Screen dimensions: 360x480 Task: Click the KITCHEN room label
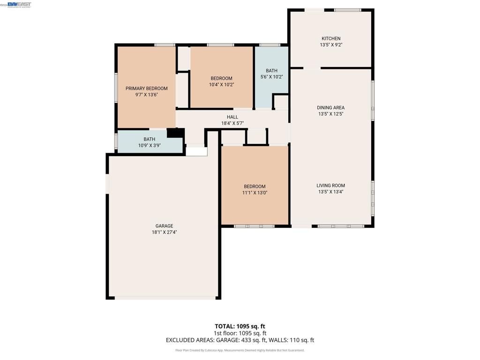tap(330, 38)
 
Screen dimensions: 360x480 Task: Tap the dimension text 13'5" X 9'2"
tap(330, 45)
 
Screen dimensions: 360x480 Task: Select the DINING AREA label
tap(330, 107)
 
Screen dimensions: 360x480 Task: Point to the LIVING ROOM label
tap(330, 186)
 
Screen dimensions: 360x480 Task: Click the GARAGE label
tap(164, 226)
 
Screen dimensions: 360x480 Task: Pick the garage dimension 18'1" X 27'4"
tap(164, 232)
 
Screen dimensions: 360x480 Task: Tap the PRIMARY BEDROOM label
tap(146, 88)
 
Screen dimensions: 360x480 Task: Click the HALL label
tap(232, 117)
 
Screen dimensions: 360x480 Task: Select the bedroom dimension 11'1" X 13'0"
tap(255, 193)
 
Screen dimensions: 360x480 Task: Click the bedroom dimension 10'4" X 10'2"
tap(221, 85)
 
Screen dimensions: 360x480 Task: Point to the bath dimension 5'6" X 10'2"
tap(271, 77)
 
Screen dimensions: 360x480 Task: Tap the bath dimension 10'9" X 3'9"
tap(149, 145)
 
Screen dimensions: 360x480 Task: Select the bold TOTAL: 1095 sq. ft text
tap(240, 326)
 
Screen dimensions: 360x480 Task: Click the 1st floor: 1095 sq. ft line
tap(240, 333)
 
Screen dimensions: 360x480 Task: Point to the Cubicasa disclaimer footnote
tap(240, 350)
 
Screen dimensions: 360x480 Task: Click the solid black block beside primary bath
tap(175, 133)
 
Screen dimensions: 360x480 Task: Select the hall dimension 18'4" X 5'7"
tap(232, 124)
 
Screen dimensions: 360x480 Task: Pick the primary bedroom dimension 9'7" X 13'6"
tap(146, 95)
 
